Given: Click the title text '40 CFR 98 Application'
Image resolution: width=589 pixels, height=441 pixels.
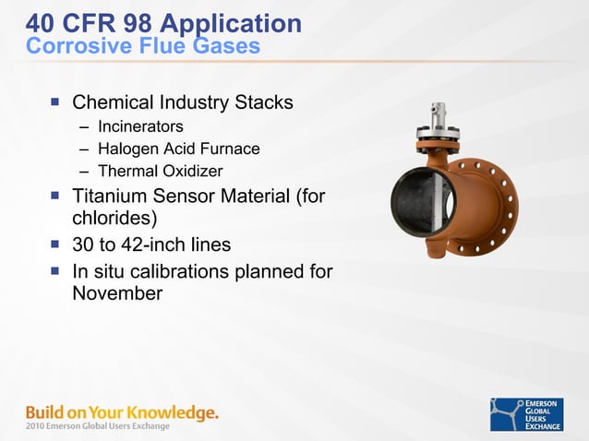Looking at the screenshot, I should point(163,22).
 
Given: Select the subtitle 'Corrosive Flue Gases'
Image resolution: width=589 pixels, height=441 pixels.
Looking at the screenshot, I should point(143,45).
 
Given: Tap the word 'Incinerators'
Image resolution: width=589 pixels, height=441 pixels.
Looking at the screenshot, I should point(140,126).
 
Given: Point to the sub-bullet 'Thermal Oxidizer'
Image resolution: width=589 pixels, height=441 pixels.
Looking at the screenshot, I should point(160,171).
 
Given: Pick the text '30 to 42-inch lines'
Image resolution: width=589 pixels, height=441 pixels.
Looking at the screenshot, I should point(151,245).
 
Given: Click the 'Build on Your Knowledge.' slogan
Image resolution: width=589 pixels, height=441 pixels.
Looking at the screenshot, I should point(122,411).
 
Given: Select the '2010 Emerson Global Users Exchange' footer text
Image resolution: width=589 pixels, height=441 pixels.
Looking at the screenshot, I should point(98,426).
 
